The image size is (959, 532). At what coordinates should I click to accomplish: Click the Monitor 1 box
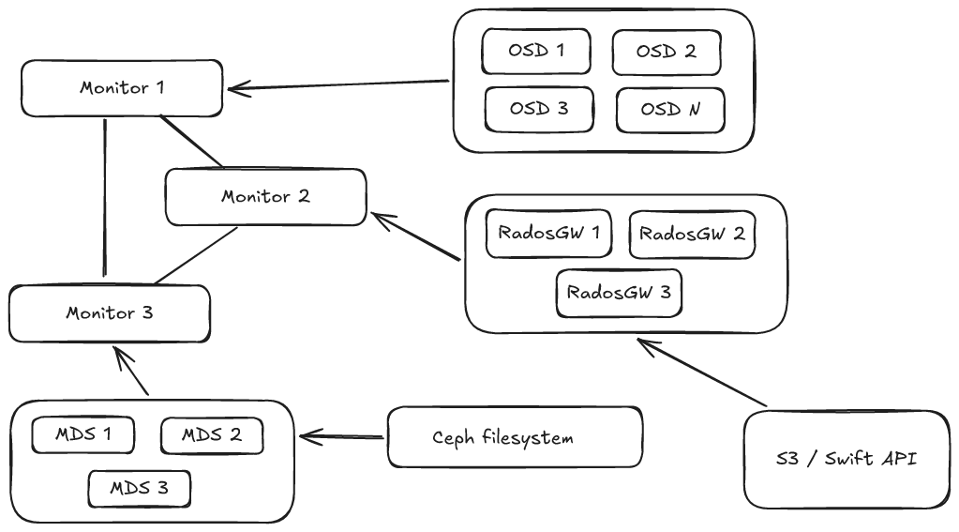[123, 88]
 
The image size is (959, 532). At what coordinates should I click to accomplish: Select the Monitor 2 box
[265, 197]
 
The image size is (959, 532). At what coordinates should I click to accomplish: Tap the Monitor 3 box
[110, 313]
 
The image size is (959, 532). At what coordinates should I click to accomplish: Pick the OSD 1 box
[536, 51]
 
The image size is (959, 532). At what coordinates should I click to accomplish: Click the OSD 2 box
[667, 52]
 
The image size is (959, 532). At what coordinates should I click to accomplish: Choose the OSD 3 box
[539, 108]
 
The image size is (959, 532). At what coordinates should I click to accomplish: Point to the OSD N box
[670, 109]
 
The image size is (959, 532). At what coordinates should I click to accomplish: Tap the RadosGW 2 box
[692, 234]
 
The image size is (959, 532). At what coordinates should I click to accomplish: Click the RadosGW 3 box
[619, 292]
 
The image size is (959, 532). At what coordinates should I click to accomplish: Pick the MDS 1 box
[83, 434]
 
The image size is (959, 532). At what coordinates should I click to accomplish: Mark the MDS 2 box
[211, 435]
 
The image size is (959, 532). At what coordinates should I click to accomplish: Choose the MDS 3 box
[140, 489]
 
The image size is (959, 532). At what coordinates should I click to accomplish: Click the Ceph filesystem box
[515, 437]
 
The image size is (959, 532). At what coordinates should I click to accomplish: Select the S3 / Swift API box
[846, 459]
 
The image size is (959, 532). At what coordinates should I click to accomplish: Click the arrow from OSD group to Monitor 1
[337, 85]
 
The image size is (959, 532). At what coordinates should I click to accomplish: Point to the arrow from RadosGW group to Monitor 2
[416, 236]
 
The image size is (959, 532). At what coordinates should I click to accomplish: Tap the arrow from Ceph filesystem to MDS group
[343, 436]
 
